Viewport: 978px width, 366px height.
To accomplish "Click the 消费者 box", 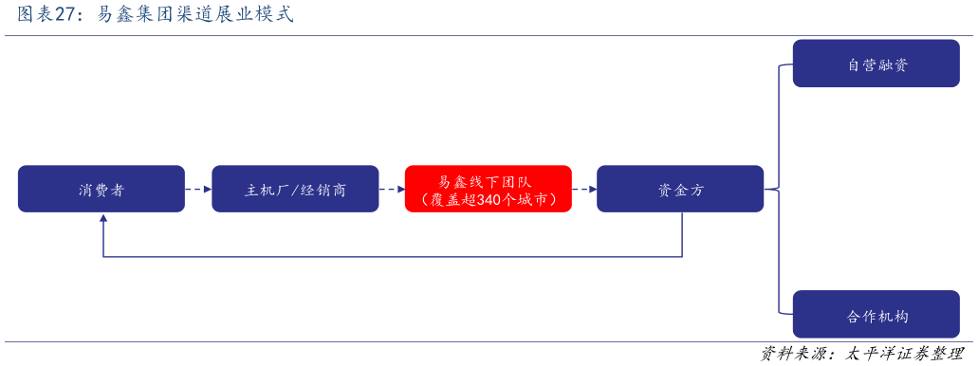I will (x=101, y=189).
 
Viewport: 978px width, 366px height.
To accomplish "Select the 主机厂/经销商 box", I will (x=295, y=189).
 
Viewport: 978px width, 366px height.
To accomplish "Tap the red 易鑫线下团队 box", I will (x=488, y=189).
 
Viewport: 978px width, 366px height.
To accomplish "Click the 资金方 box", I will (x=680, y=189).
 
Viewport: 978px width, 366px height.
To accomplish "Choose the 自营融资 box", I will (x=876, y=64).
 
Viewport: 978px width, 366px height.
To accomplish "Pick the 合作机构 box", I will (x=876, y=315).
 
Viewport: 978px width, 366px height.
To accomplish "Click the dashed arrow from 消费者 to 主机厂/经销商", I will (x=198, y=189).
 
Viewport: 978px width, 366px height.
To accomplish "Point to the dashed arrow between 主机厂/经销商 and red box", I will (x=392, y=189).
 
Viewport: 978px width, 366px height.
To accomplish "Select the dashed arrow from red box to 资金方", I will (x=584, y=189).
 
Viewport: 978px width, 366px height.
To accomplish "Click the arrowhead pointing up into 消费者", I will (x=103, y=219).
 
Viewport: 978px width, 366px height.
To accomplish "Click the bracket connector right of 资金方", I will (x=779, y=189).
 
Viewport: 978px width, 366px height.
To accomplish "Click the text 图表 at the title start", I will (x=32, y=15).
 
